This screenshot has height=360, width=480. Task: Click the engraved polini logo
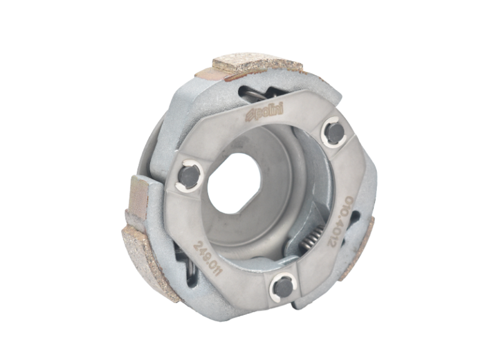pyautogui.click(x=264, y=112)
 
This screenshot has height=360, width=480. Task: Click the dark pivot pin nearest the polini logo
pyautogui.click(x=335, y=132)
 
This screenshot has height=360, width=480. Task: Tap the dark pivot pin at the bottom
pyautogui.click(x=283, y=287)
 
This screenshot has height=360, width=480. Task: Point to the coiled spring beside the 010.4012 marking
pyautogui.click(x=311, y=234)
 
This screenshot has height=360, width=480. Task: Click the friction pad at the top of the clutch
pyautogui.click(x=257, y=64)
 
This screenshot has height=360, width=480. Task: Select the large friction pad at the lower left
pyautogui.click(x=150, y=263)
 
